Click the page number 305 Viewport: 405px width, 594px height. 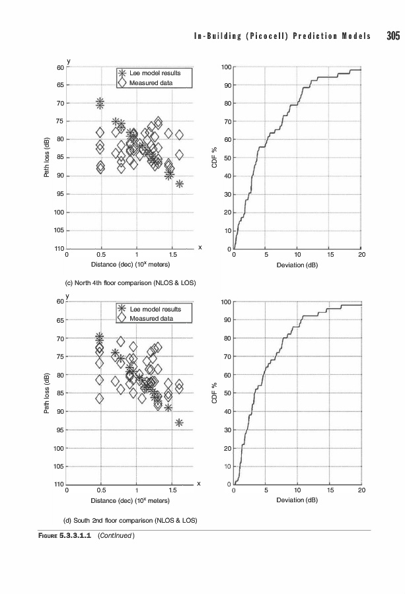click(x=393, y=36)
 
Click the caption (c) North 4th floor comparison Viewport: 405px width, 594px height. click(x=129, y=283)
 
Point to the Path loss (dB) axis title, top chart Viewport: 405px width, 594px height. click(x=47, y=158)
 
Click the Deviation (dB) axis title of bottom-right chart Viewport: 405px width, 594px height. click(x=298, y=500)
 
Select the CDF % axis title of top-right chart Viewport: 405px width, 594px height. click(x=215, y=158)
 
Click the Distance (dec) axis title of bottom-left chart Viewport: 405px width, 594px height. click(x=131, y=500)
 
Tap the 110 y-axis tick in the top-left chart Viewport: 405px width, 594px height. click(x=59, y=249)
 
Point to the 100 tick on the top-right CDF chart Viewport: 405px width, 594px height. click(x=226, y=67)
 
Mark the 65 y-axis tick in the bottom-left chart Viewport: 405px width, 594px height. click(x=60, y=320)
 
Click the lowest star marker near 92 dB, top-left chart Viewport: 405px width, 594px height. click(x=179, y=184)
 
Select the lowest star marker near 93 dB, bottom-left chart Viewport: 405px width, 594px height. click(x=179, y=422)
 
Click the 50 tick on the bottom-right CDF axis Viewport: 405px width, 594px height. click(x=227, y=393)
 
